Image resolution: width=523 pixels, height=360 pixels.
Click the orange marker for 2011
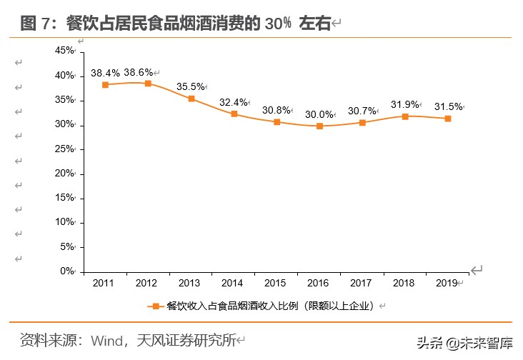point(105,84)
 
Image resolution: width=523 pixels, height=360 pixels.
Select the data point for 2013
point(191,99)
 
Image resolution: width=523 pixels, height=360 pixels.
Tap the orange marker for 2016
point(319,126)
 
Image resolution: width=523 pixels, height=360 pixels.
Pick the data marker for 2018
point(405,116)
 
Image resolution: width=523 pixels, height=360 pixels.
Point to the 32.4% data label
point(233,102)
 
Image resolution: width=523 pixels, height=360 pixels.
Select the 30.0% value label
point(319,114)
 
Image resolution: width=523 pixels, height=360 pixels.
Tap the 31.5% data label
point(448,106)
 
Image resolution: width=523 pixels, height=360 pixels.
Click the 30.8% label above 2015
point(276,110)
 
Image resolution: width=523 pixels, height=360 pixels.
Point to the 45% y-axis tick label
point(64,51)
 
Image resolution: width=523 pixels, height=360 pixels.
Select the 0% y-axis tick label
point(67,271)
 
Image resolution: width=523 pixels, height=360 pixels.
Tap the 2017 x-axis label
point(362,284)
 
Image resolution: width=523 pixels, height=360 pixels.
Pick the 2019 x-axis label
point(447,284)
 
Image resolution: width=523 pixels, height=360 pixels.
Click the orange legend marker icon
point(154,306)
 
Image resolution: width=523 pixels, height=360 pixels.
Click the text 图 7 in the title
point(37,24)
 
